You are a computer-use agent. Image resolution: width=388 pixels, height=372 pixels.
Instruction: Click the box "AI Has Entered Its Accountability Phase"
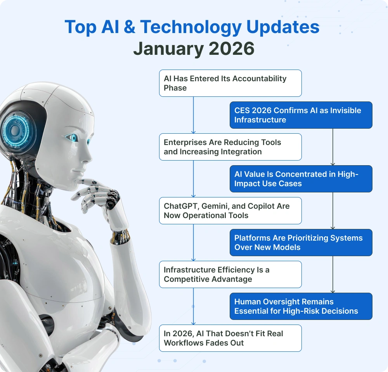coord(230,83)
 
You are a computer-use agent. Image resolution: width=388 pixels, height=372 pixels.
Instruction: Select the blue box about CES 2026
coord(301,115)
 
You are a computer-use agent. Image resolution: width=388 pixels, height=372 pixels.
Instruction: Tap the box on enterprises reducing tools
coord(230,147)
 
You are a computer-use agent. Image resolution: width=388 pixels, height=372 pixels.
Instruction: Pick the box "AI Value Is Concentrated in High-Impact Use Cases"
coord(301,179)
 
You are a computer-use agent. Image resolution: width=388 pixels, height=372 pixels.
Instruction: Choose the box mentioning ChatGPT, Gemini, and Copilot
coord(230,211)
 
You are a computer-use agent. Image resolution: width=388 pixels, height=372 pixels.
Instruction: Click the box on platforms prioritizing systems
coord(301,243)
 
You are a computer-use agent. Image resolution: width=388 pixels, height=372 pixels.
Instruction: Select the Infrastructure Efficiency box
coord(230,274)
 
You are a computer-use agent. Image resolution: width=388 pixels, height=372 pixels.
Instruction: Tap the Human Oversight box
coord(301,306)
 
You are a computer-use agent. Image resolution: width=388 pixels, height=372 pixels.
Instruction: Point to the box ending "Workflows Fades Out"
coord(230,338)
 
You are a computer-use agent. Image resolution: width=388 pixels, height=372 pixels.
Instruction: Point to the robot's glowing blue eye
coord(72,137)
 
